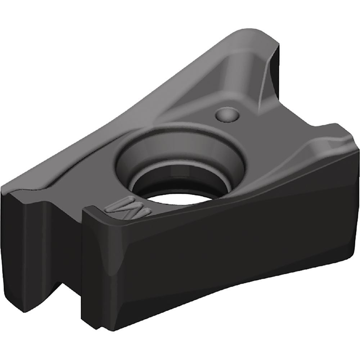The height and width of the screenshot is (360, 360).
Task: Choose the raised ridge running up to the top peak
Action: (230, 72)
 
